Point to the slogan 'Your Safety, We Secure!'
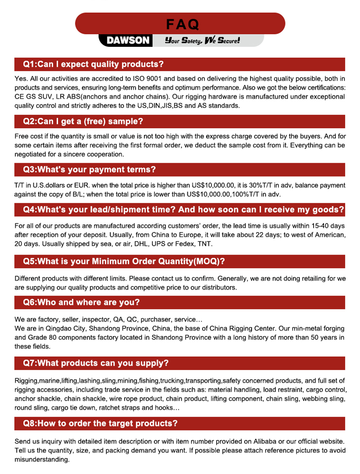(202, 40)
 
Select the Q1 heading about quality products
(94, 64)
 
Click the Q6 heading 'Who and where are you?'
(81, 302)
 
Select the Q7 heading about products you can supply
(96, 364)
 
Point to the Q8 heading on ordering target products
(101, 423)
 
